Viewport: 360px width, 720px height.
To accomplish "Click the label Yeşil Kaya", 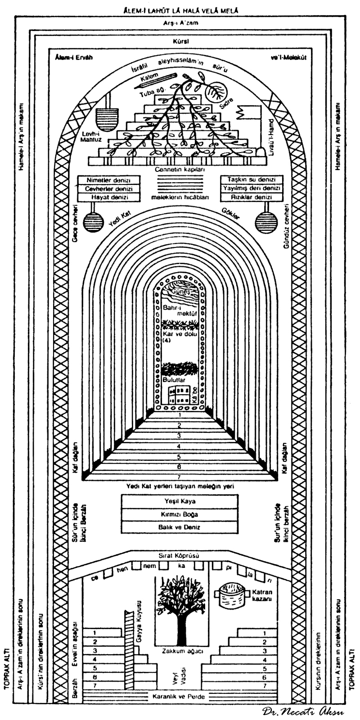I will (x=180, y=501).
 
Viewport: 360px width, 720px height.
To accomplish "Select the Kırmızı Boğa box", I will (x=180, y=514).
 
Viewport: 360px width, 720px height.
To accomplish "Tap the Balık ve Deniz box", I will (x=180, y=527).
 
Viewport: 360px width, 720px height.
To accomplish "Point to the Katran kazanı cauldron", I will (x=231, y=596).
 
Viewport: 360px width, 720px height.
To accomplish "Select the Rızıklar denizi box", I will (x=252, y=197).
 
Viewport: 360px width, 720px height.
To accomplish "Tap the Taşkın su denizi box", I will (x=252, y=180).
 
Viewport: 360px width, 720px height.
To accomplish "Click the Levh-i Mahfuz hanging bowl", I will (x=108, y=118).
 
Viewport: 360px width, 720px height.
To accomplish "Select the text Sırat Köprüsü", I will (x=180, y=556).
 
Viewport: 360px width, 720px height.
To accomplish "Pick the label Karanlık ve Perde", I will (x=180, y=697).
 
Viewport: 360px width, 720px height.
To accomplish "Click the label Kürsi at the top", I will (x=180, y=41).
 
